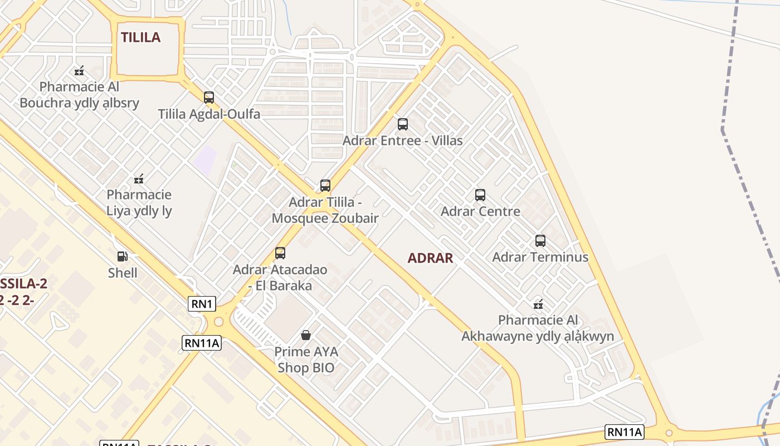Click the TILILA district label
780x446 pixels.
pos(141,37)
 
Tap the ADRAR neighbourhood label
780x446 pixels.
pos(430,258)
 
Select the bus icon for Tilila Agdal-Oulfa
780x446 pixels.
pos(209,98)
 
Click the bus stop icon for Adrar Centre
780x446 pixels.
pos(480,195)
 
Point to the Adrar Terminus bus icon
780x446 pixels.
pos(540,241)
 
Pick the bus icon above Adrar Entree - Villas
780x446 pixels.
pos(403,124)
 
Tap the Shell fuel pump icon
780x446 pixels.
pos(123,256)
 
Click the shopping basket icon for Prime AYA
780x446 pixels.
pos(306,335)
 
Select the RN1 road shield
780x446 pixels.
pos(202,304)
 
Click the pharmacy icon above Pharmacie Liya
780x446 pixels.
pos(139,179)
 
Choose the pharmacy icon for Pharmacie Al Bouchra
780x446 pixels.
pos(79,71)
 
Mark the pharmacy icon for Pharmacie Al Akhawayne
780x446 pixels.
pos(538,304)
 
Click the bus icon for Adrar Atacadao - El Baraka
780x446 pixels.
pos(280,253)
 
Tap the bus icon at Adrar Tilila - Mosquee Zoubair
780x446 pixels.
pos(325,186)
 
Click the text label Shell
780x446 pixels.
pos(123,273)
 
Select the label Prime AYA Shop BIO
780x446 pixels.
pos(306,360)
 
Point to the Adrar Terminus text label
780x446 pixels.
pos(540,257)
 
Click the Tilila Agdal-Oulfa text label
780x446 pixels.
pos(209,114)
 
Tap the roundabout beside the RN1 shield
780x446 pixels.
pos(218,322)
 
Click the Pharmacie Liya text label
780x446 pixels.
pos(139,203)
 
